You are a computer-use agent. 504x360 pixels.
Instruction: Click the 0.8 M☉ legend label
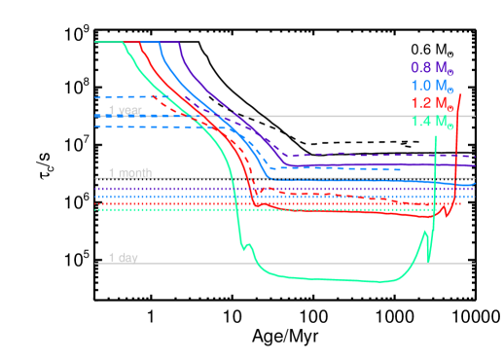point(431,68)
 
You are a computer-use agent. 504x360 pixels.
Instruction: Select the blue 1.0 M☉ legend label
point(431,86)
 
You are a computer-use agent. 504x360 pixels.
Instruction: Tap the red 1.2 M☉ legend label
point(431,103)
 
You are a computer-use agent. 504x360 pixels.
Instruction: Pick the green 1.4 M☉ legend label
point(431,122)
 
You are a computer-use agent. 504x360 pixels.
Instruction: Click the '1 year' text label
point(125,111)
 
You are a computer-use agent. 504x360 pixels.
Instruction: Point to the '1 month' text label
point(130,173)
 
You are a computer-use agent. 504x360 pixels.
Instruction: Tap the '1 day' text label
point(123,258)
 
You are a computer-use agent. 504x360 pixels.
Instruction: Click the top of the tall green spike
point(435,137)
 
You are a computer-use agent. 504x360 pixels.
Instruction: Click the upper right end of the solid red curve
point(460,93)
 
